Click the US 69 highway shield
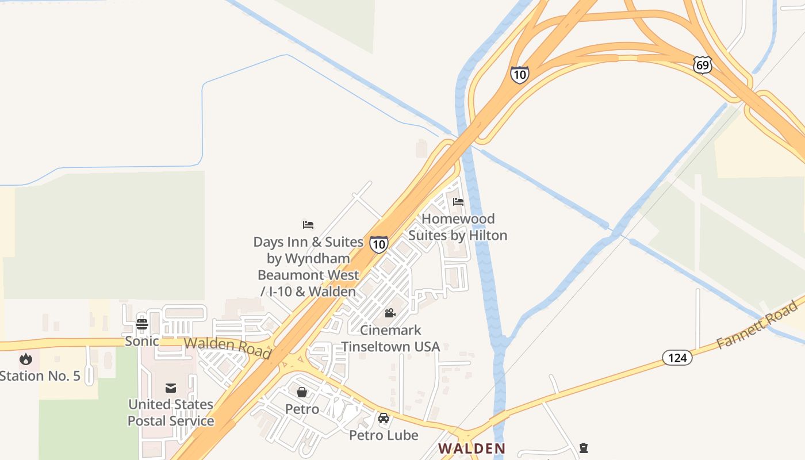(702, 65)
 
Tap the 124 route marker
(677, 358)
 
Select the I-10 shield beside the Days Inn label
(378, 244)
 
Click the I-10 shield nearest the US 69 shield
(519, 75)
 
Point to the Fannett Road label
(758, 325)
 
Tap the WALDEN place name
(471, 448)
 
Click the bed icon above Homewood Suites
(458, 202)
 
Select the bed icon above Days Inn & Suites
(308, 225)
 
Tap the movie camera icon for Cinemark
(390, 313)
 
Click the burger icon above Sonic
(142, 324)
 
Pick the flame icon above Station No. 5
(26, 359)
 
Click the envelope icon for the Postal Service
(171, 388)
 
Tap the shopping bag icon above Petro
(302, 392)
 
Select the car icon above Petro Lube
(384, 418)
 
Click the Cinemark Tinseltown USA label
(390, 339)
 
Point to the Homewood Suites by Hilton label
(458, 227)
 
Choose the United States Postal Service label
(171, 413)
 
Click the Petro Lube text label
(384, 435)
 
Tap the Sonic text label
(142, 341)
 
